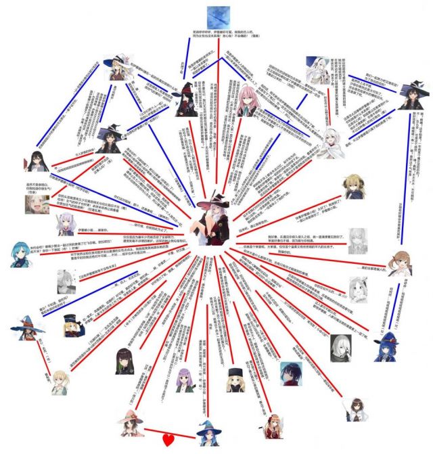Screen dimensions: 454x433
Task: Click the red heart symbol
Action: [169, 440]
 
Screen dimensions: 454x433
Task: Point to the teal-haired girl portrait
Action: [22, 255]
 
